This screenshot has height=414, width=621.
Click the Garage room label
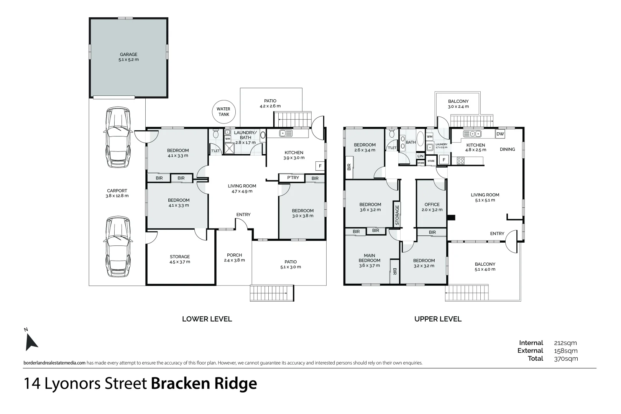tap(128, 57)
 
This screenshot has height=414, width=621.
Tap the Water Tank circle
tap(223, 112)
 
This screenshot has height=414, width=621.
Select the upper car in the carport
tap(118, 138)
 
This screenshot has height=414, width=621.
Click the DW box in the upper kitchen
tap(500, 134)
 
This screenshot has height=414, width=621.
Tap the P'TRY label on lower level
tap(293, 178)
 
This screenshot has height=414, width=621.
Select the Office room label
tap(432, 207)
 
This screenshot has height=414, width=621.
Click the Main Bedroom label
tap(370, 260)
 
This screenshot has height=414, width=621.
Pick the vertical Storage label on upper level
tap(397, 215)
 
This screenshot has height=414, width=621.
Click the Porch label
tap(234, 257)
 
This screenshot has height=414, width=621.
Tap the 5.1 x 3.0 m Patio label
tap(291, 264)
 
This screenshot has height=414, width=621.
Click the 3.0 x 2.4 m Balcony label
tap(458, 104)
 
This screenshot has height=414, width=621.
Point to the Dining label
tap(507, 149)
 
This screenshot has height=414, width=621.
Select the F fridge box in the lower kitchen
tap(320, 166)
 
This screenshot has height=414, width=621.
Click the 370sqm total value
tap(566, 359)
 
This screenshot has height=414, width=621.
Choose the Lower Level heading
tap(207, 319)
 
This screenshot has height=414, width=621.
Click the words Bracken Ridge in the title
tap(204, 383)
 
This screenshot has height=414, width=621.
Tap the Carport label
tap(117, 193)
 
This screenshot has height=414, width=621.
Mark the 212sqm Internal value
tap(565, 343)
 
